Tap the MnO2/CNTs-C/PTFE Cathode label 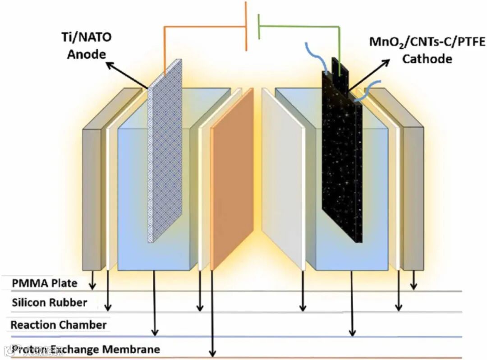coord(427,51)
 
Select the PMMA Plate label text coord(44,283)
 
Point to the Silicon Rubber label coord(49,302)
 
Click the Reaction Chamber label coord(59,325)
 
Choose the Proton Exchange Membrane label coord(86,349)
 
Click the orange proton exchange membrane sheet coord(232,180)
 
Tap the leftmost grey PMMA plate coord(94,198)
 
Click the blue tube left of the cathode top coord(321,56)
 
